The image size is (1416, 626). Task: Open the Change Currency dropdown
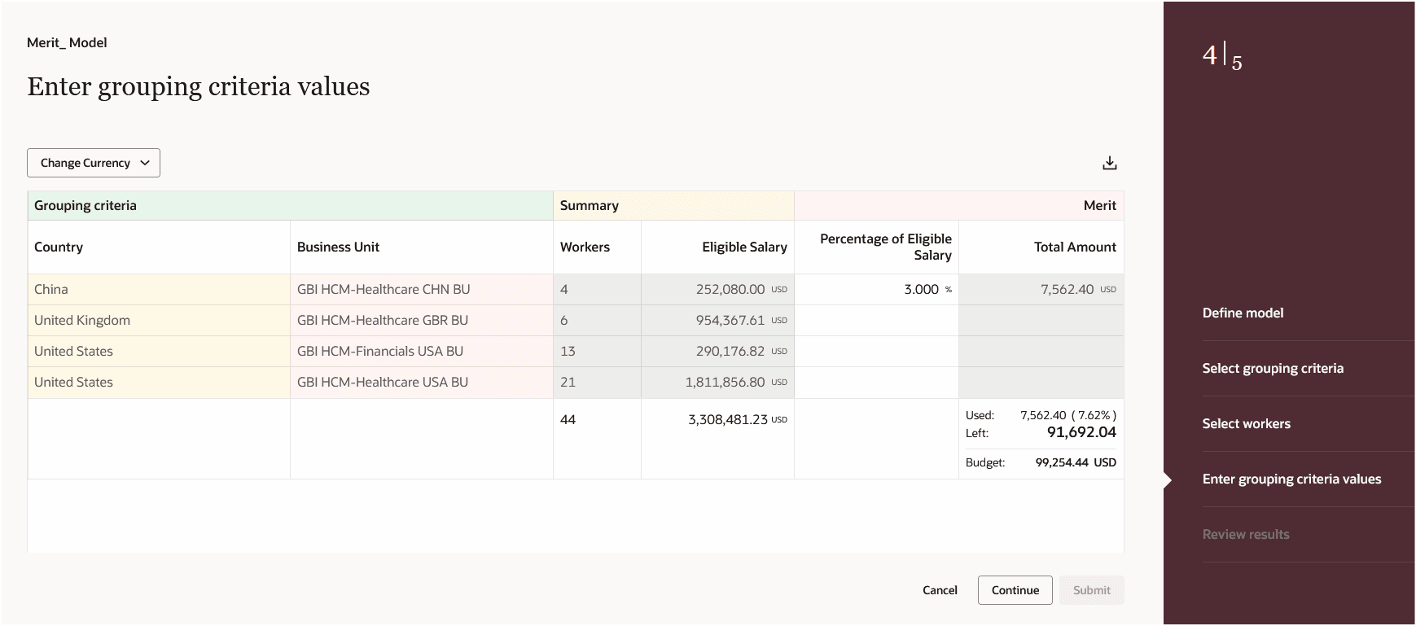(x=94, y=163)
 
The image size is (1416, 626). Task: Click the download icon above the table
(x=1109, y=163)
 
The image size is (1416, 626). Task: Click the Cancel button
(x=940, y=590)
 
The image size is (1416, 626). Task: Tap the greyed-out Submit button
(x=1091, y=590)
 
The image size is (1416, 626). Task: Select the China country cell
(x=51, y=289)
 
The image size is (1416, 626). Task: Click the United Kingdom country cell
(x=82, y=320)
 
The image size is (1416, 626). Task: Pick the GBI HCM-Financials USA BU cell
(x=380, y=351)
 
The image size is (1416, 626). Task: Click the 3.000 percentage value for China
(x=921, y=289)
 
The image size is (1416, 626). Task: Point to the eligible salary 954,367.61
(x=730, y=320)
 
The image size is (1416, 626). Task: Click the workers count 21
(x=568, y=382)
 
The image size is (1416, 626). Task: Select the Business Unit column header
(x=338, y=247)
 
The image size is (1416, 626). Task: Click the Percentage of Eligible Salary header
(x=886, y=247)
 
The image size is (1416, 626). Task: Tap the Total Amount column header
(x=1075, y=247)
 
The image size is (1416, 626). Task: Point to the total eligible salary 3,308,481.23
(x=727, y=419)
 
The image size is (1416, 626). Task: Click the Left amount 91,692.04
(x=1081, y=432)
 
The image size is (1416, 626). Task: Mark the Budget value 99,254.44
(x=1062, y=462)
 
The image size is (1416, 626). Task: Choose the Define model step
(x=1243, y=313)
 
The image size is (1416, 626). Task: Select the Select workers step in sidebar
(x=1246, y=423)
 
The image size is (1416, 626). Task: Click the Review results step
(x=1246, y=534)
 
